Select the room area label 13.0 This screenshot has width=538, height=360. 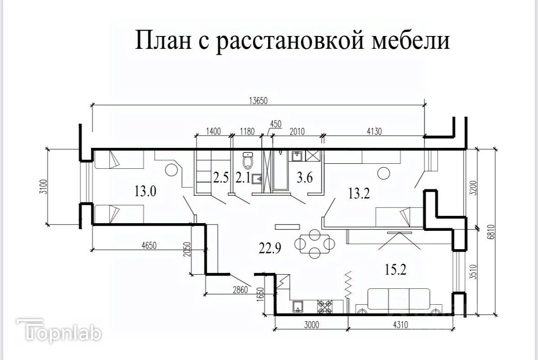pyautogui.click(x=145, y=190)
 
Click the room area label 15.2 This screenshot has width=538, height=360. pyautogui.click(x=395, y=270)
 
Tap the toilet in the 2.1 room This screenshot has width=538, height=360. pyautogui.click(x=248, y=160)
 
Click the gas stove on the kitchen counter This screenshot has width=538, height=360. pyautogui.click(x=325, y=306)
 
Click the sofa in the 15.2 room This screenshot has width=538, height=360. pyautogui.click(x=398, y=300)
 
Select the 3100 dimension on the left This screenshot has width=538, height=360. pyautogui.click(x=42, y=186)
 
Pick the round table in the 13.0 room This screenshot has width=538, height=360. pyautogui.click(x=171, y=170)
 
